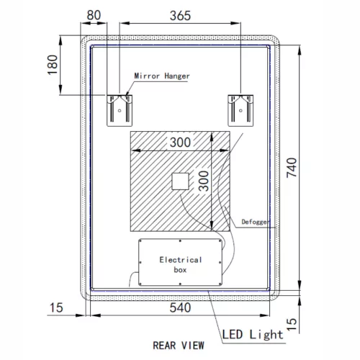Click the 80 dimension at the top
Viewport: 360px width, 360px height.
coord(92,14)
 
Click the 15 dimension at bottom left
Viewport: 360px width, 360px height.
coord(58,308)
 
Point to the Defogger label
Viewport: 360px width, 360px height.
coord(255,222)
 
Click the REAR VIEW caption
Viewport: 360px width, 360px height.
coord(178,344)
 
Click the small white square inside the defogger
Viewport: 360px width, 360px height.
coord(179,182)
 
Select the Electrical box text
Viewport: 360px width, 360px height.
coord(180,264)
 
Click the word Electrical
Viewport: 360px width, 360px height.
coord(180,259)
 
